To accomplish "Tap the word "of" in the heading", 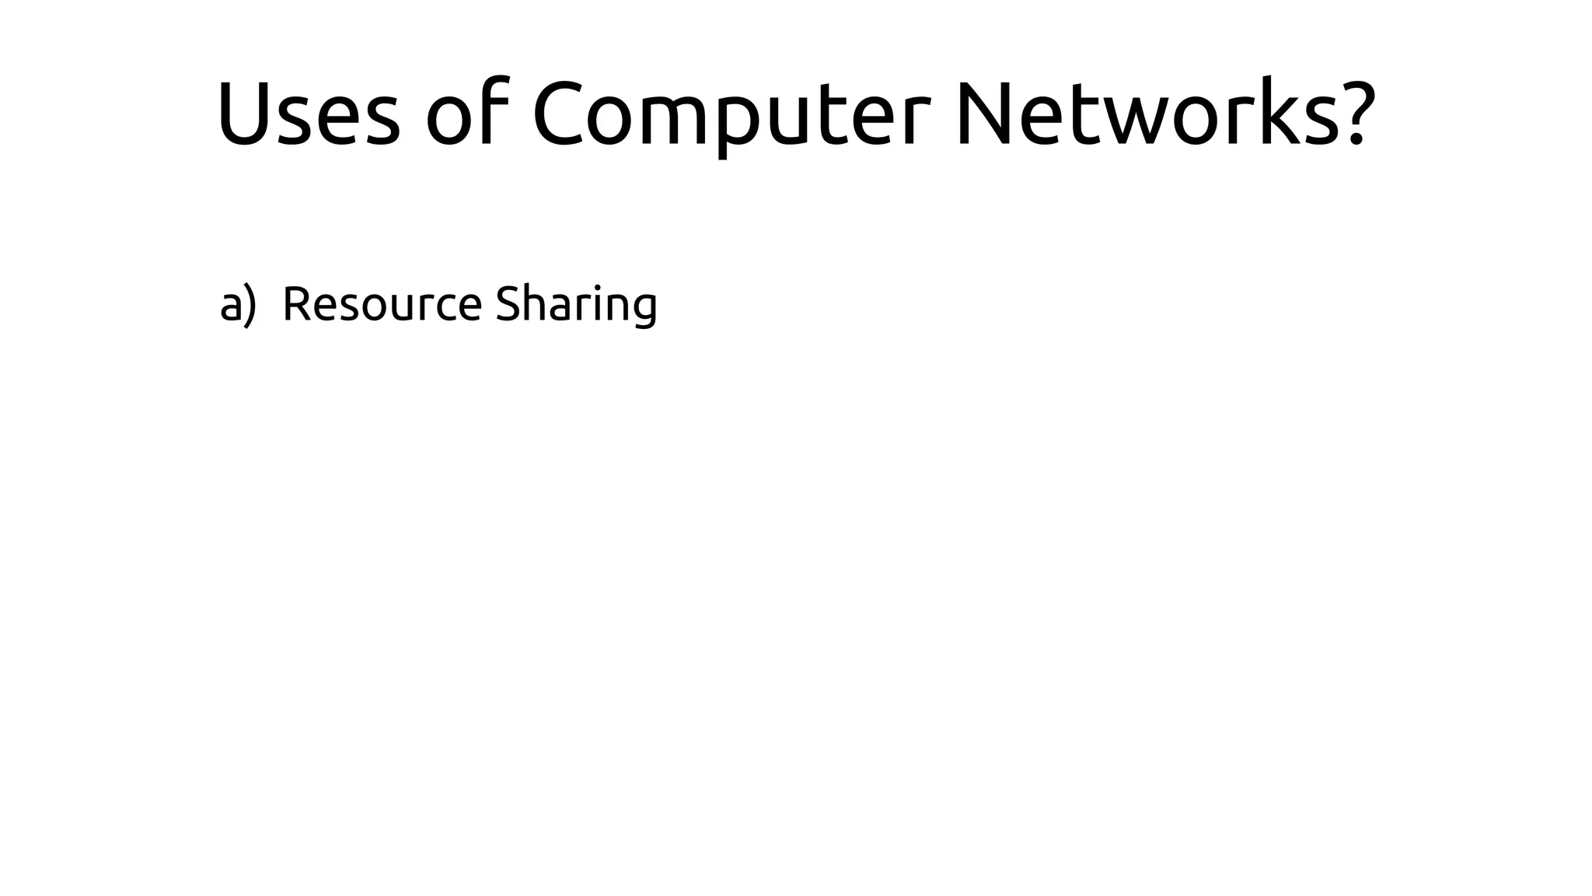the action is pyautogui.click(x=463, y=114).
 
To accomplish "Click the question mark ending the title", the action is pyautogui.click(x=1354, y=114).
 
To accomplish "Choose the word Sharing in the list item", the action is pyautogui.click(x=576, y=305).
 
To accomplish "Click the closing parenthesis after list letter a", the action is pyautogui.click(x=249, y=305).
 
